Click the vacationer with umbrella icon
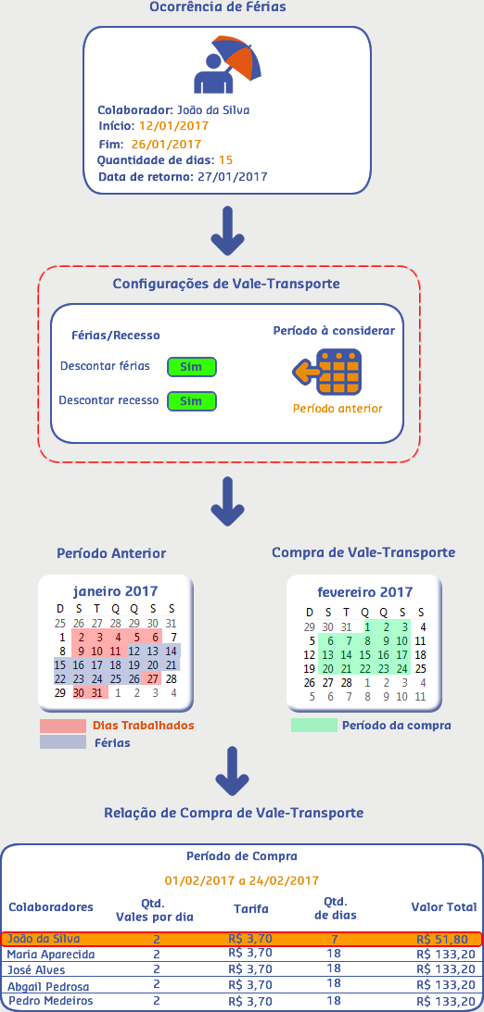227,65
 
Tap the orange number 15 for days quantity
226,160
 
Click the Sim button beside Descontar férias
192,367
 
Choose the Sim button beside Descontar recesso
192,400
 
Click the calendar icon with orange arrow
326,372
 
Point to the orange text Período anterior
338,409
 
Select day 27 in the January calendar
152,679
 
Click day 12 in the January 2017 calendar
134,651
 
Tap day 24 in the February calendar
401,669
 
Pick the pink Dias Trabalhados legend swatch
63,726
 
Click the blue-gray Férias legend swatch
63,743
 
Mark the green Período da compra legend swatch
314,726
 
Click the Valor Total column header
444,906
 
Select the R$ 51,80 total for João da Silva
442,939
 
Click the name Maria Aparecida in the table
51,954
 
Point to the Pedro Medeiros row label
50,1000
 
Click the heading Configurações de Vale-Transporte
226,284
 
